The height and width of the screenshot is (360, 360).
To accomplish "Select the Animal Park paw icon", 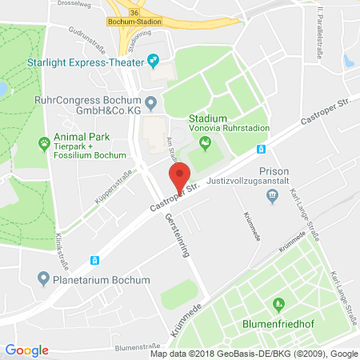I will pos(43,144).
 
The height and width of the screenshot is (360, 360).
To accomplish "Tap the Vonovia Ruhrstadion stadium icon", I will pos(205,144).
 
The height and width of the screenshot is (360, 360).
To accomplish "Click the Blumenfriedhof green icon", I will pos(278,303).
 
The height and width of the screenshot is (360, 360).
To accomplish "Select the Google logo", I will pos(26,350).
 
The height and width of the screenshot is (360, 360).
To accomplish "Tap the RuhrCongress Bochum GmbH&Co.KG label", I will pos(88,106).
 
